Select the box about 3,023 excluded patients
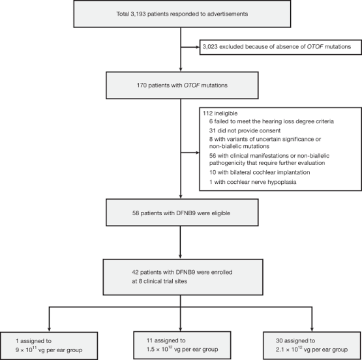(279, 46)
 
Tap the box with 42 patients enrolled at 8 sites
(180, 272)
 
